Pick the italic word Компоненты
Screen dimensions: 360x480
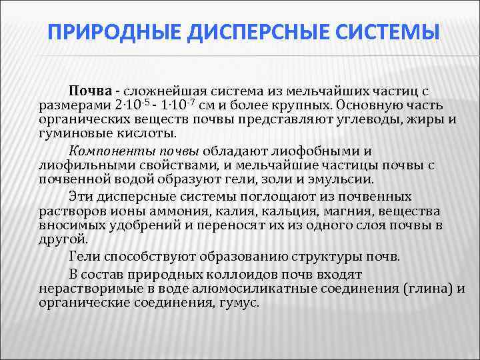109,150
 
